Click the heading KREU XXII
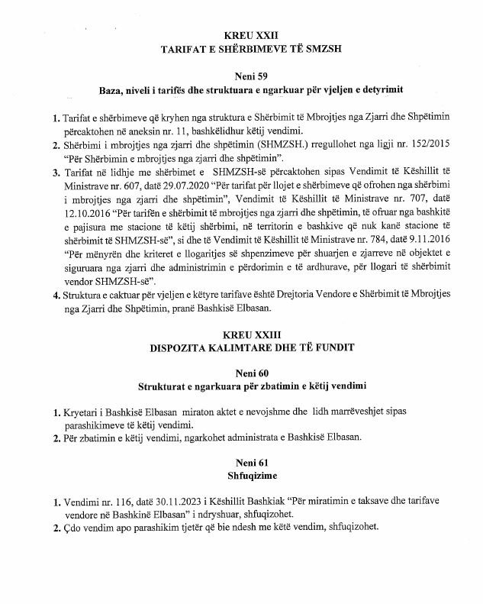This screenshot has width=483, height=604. (241, 36)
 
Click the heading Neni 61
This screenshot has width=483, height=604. (241, 463)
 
